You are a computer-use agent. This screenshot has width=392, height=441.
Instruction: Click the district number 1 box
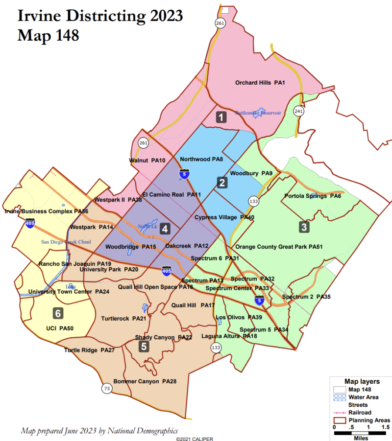(x=221, y=117)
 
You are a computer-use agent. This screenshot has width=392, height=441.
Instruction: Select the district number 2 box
(x=222, y=183)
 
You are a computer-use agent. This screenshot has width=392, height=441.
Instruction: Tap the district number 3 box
(x=304, y=227)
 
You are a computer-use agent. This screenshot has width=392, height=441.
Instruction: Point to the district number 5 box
(x=144, y=347)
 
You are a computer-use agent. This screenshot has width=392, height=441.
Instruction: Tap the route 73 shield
(x=106, y=389)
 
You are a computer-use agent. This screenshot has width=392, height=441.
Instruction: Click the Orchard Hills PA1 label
(x=260, y=83)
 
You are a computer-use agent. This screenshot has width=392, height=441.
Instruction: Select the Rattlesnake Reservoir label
(x=258, y=113)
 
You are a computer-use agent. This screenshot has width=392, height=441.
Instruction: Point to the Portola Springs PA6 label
(x=313, y=196)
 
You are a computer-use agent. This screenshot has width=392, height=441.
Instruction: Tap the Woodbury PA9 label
(x=251, y=173)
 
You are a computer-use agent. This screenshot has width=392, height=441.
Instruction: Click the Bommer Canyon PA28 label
(x=145, y=381)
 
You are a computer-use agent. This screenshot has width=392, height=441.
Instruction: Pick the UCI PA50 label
(x=60, y=328)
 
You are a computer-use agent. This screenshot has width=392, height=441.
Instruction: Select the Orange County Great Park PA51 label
(x=279, y=247)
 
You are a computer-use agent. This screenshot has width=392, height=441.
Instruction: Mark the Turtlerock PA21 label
(x=123, y=319)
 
